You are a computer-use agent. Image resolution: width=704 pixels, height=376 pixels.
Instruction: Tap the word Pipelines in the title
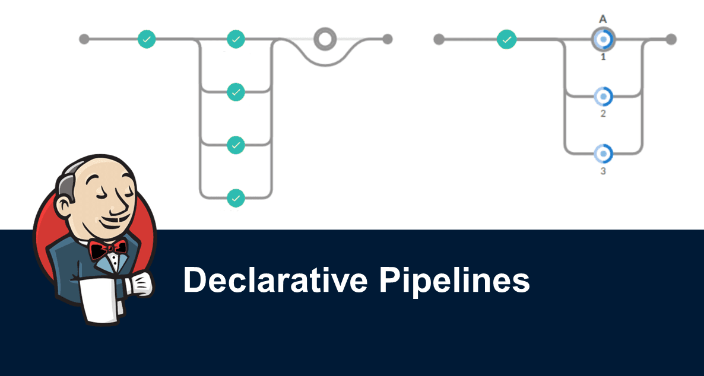(454, 280)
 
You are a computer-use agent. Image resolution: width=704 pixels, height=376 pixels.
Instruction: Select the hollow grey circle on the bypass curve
(324, 39)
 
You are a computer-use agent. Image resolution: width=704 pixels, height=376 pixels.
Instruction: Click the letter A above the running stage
(603, 19)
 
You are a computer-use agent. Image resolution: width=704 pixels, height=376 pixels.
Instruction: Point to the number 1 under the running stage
(603, 58)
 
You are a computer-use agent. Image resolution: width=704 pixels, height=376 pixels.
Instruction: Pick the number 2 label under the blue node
(603, 113)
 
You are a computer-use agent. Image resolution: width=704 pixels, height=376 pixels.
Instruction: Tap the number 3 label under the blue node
(603, 171)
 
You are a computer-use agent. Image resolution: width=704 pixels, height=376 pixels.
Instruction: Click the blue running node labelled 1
(603, 40)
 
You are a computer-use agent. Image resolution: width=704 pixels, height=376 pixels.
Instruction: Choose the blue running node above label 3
(603, 153)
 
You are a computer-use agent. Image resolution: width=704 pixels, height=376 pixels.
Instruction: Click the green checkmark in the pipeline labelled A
(506, 40)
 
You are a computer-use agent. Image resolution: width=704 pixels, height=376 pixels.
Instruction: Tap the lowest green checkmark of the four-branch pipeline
(236, 197)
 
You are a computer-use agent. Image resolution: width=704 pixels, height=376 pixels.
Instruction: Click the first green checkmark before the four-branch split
(147, 39)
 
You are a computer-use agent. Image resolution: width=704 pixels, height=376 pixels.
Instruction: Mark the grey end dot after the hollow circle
(388, 39)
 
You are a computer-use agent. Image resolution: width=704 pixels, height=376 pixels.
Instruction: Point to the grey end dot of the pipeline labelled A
(671, 39)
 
